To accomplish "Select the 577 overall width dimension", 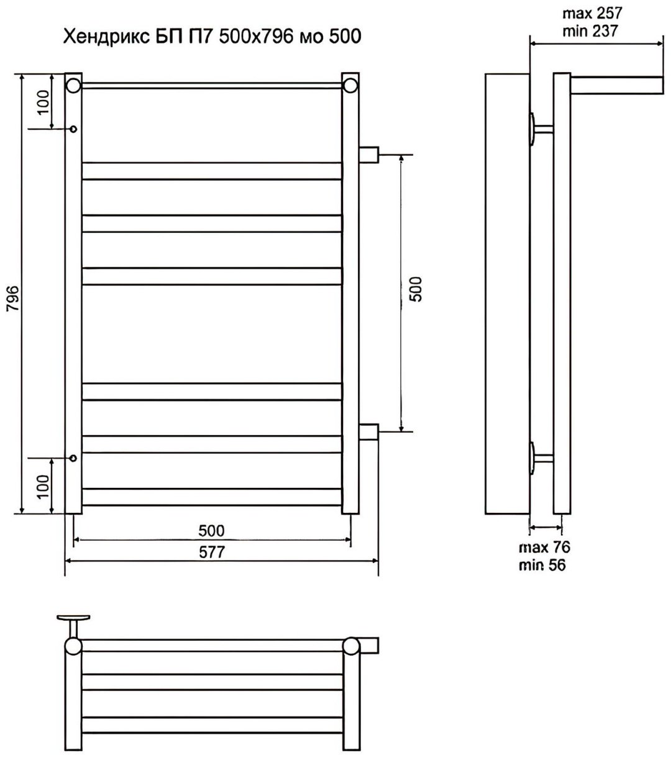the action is coord(212,552).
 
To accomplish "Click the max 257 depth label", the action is coord(592,14).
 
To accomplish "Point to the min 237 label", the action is coord(590,30).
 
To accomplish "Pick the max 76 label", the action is coord(544,548).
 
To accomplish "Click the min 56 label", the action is coord(542,564).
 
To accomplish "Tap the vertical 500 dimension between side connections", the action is coord(416,289).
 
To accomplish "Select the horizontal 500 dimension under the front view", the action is coord(212,531).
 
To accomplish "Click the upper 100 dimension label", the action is coord(43,102).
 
